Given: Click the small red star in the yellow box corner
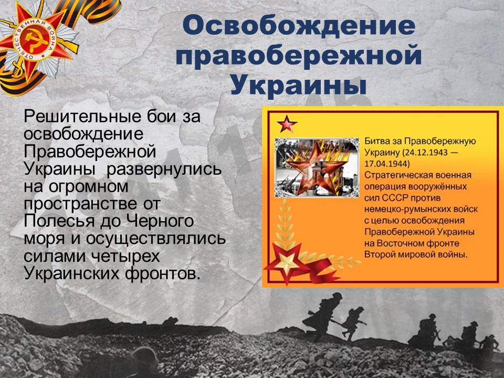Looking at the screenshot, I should [x=287, y=124].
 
